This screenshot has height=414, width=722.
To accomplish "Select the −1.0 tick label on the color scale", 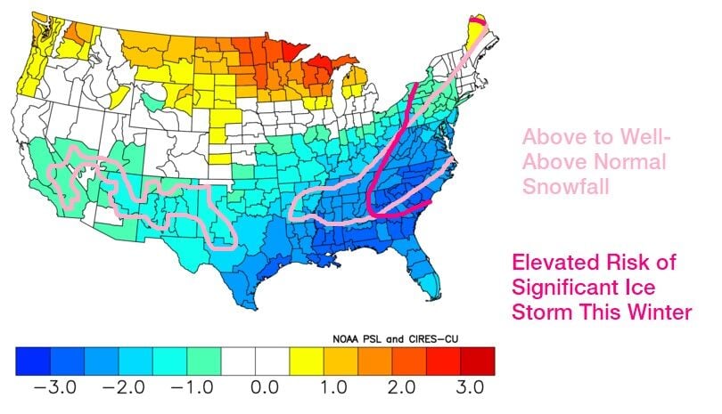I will click(x=185, y=390).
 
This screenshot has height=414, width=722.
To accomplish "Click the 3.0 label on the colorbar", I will click(x=469, y=390).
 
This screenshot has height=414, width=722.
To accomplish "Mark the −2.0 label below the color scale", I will click(x=117, y=390).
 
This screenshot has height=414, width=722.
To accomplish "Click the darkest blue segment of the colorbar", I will click(x=33, y=360).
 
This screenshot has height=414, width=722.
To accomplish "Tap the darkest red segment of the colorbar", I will click(x=477, y=360).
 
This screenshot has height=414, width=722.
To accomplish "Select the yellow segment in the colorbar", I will click(x=307, y=360).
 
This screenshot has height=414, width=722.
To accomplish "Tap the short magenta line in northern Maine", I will click(x=478, y=20).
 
